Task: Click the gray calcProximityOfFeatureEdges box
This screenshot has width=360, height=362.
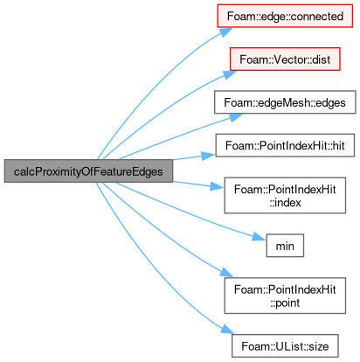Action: pyautogui.click(x=88, y=171)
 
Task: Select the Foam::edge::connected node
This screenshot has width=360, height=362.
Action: pyautogui.click(x=285, y=16)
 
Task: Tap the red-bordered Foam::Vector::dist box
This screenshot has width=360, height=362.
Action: pyautogui.click(x=285, y=59)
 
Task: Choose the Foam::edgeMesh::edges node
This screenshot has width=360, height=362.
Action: pyautogui.click(x=285, y=102)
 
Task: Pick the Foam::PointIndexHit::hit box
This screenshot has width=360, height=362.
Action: pyautogui.click(x=285, y=145)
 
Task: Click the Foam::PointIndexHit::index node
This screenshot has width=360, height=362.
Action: pyautogui.click(x=285, y=195)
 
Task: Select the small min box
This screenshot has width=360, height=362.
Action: pyautogui.click(x=285, y=246)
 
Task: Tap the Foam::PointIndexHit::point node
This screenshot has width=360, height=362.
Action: pyautogui.click(x=285, y=296)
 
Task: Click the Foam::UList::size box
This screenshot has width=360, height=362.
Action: pyautogui.click(x=285, y=346)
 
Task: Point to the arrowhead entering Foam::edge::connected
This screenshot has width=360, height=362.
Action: pyautogui.click(x=226, y=31)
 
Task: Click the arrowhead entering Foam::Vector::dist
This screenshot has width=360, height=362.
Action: pyautogui.click(x=230, y=74)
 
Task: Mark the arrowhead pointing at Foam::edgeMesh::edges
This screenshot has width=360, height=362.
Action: pyautogui.click(x=235, y=117)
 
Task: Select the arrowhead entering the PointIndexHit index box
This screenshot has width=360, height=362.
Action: pyautogui.click(x=218, y=186)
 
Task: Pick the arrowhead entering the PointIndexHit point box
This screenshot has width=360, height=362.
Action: pyautogui.click(x=226, y=274)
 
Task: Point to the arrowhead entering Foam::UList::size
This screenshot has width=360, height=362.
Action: pyautogui.click(x=227, y=330)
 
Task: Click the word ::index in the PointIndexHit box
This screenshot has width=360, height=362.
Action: pyautogui.click(x=285, y=203)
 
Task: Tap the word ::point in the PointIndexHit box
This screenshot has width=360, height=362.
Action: pyautogui.click(x=285, y=303)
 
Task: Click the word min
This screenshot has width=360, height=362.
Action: pyautogui.click(x=285, y=246)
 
